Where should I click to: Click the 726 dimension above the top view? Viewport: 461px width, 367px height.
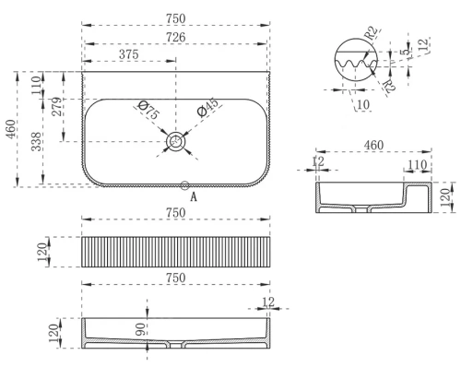(x=175, y=37)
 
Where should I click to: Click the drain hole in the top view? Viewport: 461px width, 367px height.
(x=175, y=141)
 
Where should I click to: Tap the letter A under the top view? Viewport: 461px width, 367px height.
(x=193, y=196)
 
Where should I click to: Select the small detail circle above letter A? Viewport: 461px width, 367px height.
(x=185, y=185)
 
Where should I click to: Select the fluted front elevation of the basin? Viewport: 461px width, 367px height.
(x=175, y=252)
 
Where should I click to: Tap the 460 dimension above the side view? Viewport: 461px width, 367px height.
(x=374, y=146)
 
